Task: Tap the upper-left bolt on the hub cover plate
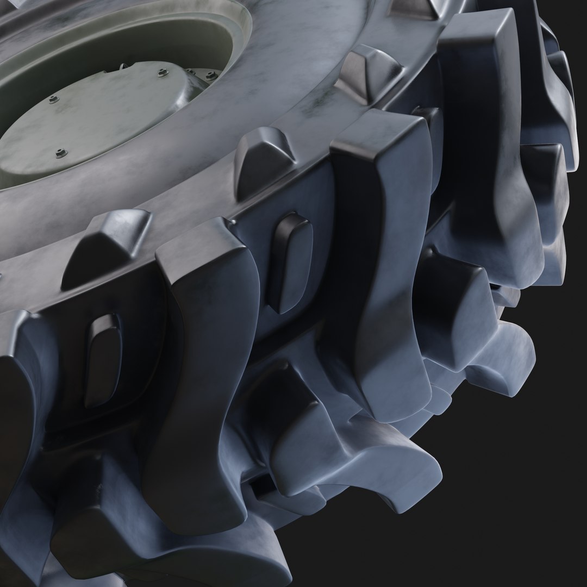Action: tap(53, 99)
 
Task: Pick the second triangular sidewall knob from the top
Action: tap(370, 68)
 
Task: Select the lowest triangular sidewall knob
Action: tap(106, 245)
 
